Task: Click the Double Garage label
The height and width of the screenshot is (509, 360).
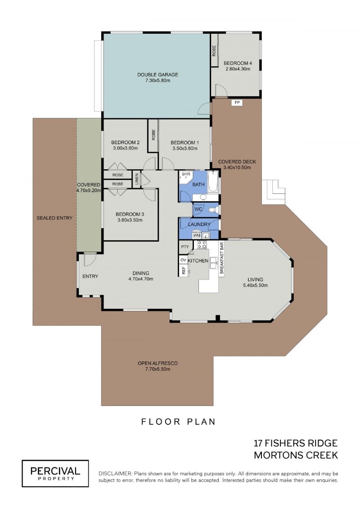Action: click(x=157, y=75)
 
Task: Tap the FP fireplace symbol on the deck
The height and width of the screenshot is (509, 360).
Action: click(x=237, y=103)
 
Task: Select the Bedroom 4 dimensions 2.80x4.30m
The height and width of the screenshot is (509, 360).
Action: click(x=238, y=69)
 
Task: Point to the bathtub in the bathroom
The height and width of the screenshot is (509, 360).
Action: click(x=213, y=182)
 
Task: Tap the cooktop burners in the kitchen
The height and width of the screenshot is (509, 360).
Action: click(x=202, y=244)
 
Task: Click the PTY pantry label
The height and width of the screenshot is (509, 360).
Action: click(x=184, y=247)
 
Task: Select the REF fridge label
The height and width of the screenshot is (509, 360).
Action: click(x=184, y=270)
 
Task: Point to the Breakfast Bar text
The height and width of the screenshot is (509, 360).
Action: click(x=222, y=258)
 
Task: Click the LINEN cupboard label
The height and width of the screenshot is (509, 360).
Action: click(x=137, y=179)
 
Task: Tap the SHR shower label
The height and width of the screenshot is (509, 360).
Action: click(x=186, y=174)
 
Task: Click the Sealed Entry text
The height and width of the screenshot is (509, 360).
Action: click(x=54, y=218)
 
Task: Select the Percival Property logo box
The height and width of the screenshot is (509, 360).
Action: click(x=55, y=473)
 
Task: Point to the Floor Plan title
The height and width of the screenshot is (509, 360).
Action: click(x=178, y=422)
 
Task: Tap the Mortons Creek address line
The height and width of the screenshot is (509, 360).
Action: click(x=296, y=455)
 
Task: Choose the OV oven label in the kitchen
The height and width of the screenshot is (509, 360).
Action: click(x=183, y=260)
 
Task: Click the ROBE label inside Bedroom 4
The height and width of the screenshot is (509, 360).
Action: click(x=214, y=51)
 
